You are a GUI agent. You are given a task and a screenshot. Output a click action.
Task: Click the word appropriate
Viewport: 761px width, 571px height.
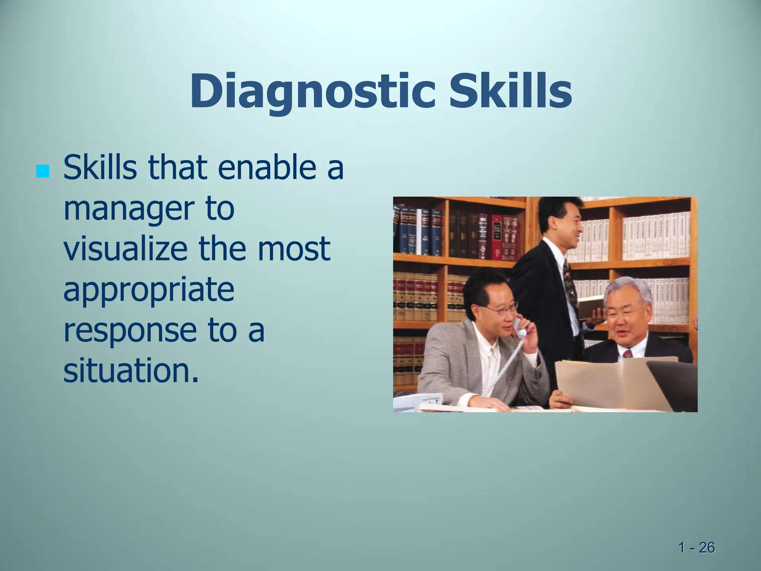[149, 290]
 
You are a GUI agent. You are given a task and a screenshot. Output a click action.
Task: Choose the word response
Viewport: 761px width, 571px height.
[130, 330]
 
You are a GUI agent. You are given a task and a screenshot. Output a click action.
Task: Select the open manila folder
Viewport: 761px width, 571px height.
[609, 383]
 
